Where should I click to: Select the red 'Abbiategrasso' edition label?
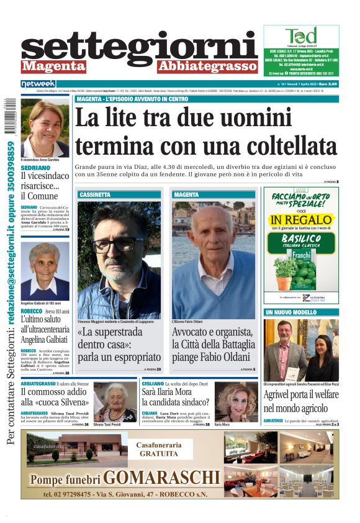[207, 66]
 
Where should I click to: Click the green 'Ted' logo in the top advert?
[301, 36]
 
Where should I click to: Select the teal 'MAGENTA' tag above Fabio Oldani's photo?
[187, 194]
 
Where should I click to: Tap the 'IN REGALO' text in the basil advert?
[300, 221]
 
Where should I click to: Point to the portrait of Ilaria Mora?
[236, 402]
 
